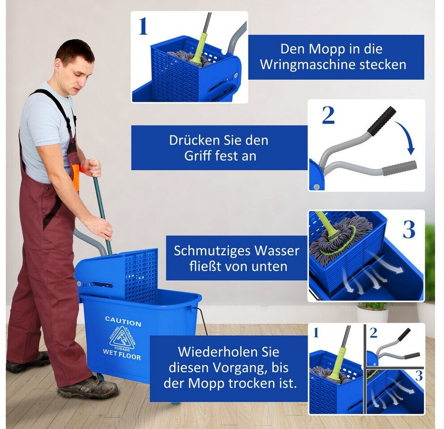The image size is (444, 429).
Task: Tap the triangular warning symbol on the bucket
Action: [x=123, y=338]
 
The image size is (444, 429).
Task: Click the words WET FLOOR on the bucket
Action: [x=122, y=354]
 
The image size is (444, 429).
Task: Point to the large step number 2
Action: [x=328, y=115]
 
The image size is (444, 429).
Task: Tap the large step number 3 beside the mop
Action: [x=409, y=229]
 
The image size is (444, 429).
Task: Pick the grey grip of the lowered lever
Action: [x=399, y=168]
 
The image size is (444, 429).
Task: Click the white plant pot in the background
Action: [x=372, y=315]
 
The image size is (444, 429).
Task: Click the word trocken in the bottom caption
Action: [x=249, y=383]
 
